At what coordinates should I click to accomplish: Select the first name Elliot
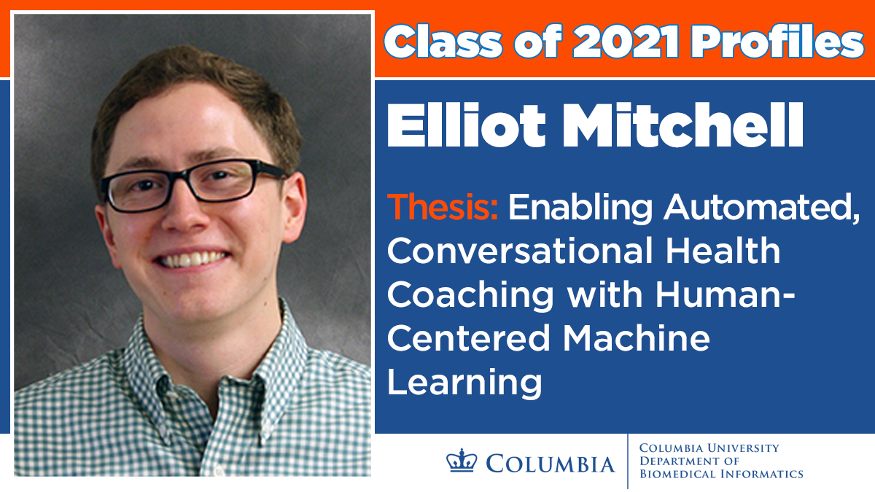tap(466, 125)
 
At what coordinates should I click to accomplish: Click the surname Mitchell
tap(682, 125)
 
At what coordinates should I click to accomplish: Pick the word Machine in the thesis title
tap(636, 338)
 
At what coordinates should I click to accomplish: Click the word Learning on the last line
tap(464, 384)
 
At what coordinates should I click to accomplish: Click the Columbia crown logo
tap(462, 460)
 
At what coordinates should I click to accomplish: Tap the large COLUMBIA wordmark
tap(551, 464)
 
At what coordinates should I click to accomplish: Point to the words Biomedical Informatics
tap(721, 474)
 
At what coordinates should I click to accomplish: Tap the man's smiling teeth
tap(191, 259)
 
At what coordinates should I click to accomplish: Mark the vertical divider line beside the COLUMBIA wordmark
tap(627, 461)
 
